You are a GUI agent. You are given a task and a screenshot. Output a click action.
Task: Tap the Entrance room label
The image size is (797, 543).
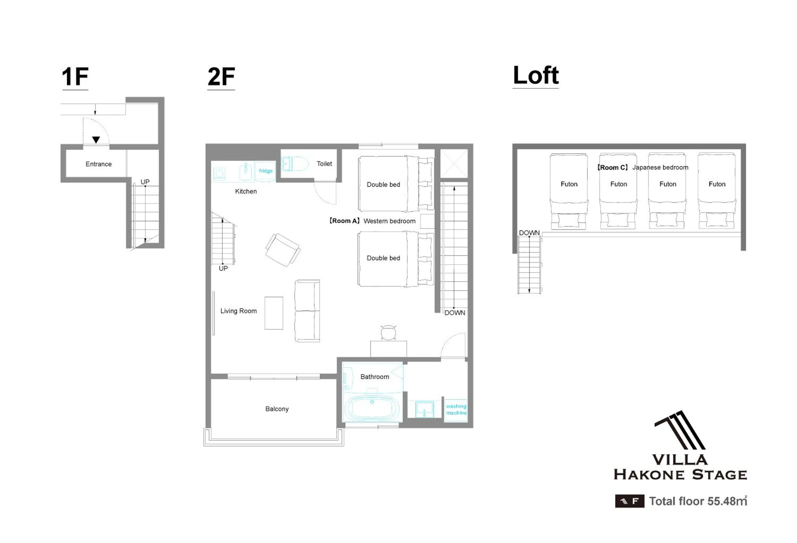pyautogui.click(x=98, y=164)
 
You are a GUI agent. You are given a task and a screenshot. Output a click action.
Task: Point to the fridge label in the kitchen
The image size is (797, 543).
pyautogui.click(x=266, y=171)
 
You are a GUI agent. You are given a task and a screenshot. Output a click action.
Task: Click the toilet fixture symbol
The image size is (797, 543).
pyautogui.click(x=295, y=164)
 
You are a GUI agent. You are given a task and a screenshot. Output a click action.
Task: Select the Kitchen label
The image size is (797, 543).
pyautogui.click(x=246, y=191)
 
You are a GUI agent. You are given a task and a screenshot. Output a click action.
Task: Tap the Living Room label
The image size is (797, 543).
pyautogui.click(x=238, y=311)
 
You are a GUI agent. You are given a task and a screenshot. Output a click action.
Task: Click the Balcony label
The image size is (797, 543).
pyautogui.click(x=277, y=409)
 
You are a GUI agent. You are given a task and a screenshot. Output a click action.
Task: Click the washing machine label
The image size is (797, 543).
pyautogui.click(x=456, y=410)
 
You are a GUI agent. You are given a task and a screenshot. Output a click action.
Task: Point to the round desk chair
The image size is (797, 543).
pyautogui.click(x=388, y=332)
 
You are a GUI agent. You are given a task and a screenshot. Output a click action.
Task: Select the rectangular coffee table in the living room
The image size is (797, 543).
pyautogui.click(x=274, y=313)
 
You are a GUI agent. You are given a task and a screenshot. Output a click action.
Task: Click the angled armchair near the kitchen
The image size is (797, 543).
pyautogui.click(x=283, y=250)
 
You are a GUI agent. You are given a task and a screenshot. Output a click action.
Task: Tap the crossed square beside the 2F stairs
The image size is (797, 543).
pyautogui.click(x=454, y=163)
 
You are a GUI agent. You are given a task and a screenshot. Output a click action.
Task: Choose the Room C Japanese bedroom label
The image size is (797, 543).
pyautogui.click(x=642, y=167)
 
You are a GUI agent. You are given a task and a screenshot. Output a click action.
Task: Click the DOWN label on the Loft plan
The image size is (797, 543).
pyautogui.click(x=529, y=232)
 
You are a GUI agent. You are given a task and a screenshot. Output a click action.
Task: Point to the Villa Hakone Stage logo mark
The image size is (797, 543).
pyautogui.click(x=680, y=430)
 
